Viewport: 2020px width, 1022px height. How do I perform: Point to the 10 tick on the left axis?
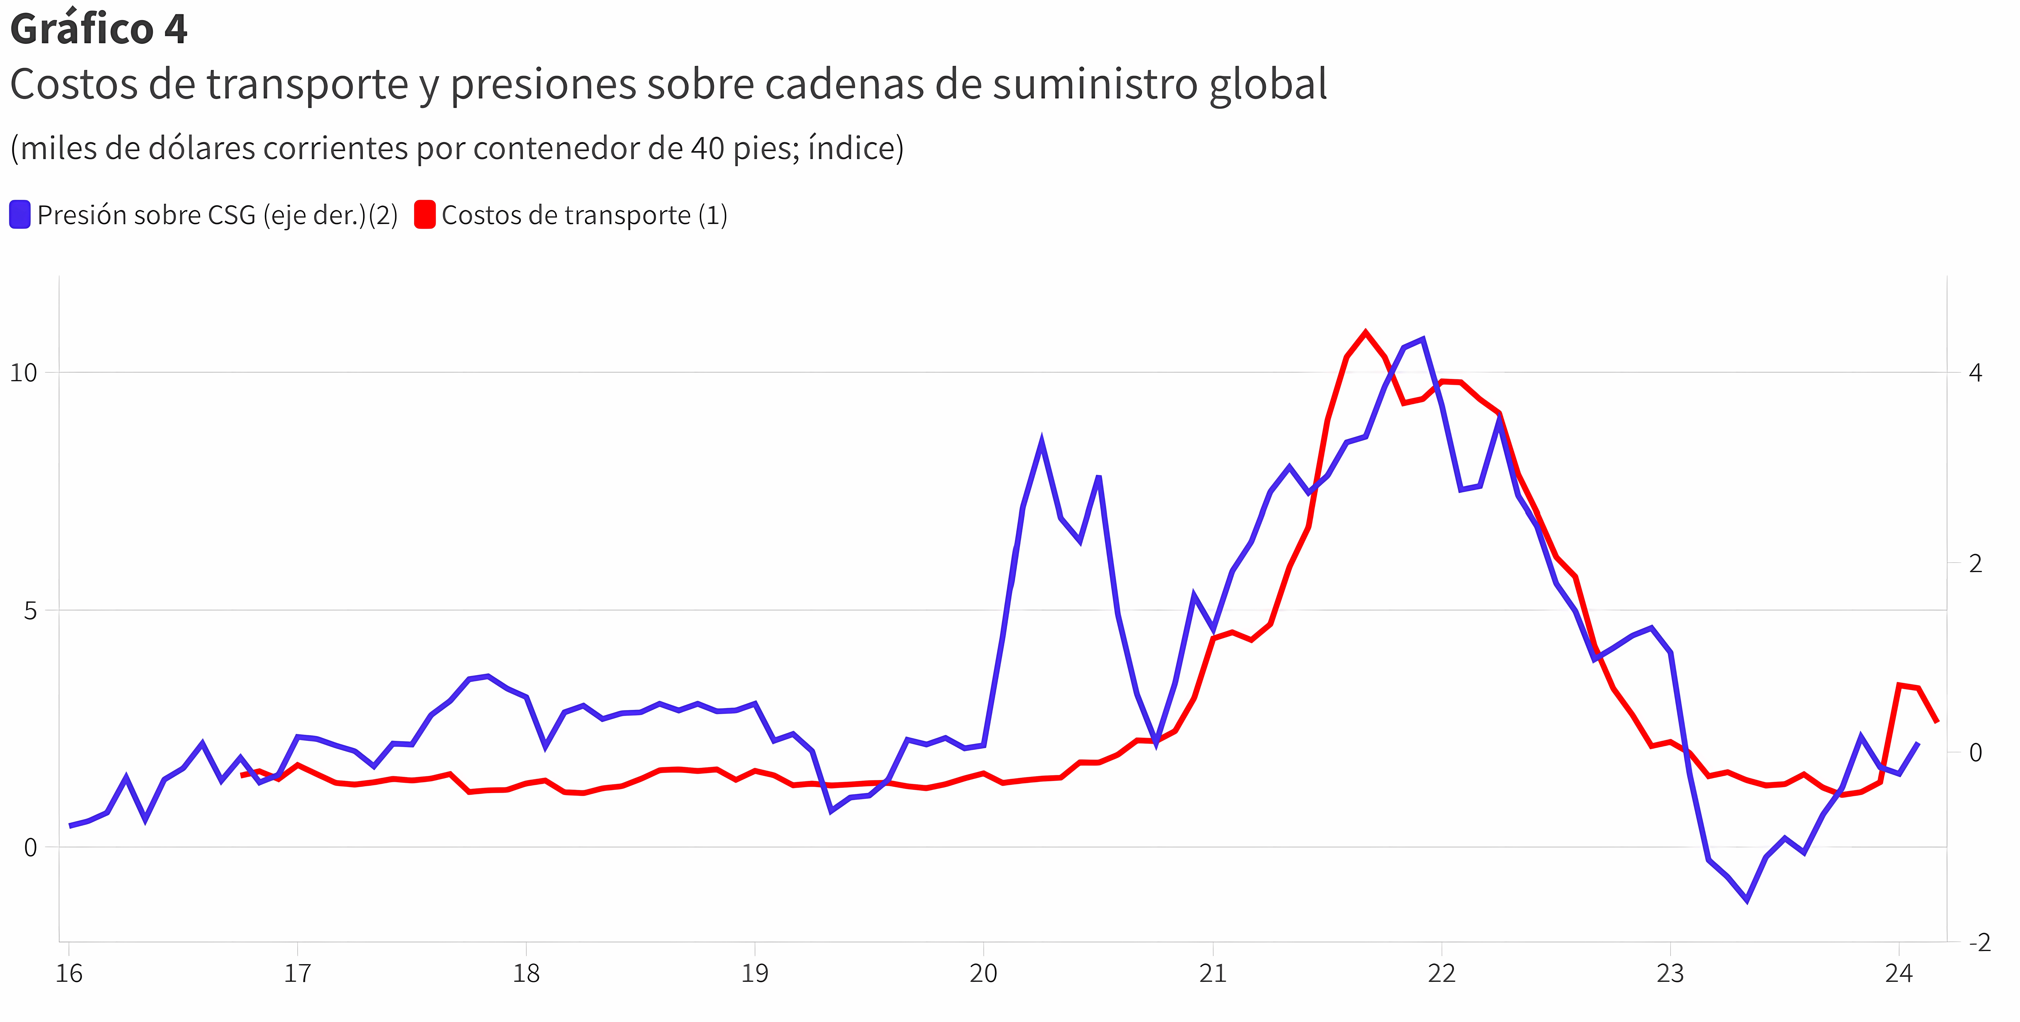coord(24,373)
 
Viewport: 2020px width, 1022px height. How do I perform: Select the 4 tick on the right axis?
coord(1975,373)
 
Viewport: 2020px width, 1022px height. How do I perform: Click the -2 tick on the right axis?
coord(1979,942)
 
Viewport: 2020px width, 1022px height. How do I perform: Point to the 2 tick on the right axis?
coord(1975,562)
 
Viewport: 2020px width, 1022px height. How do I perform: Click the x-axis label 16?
coord(69,973)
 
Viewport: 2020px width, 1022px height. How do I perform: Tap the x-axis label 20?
coord(983,973)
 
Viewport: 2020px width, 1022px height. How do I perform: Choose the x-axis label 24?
coord(1898,973)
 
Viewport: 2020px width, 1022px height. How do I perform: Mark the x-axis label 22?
coord(1441,973)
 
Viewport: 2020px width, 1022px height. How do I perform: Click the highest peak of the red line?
coord(1366,333)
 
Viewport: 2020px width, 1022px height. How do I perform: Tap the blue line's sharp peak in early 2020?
coord(1041,442)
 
